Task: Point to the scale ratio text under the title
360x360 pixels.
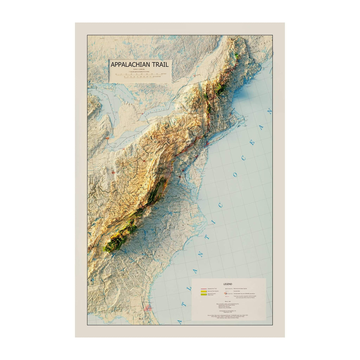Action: tap(140, 70)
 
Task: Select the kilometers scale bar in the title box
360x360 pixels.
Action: tap(140, 77)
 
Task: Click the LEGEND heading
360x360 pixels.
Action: tap(228, 284)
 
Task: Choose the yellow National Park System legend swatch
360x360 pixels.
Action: tap(203, 291)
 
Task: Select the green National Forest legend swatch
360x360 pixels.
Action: tap(203, 295)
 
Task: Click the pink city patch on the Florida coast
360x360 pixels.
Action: tap(148, 307)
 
